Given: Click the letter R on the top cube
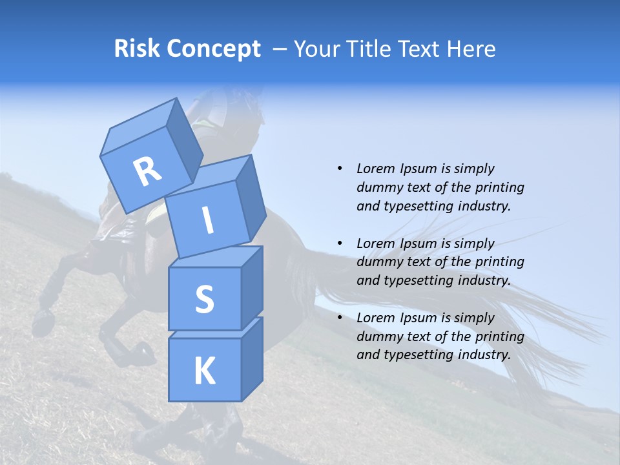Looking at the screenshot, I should click(x=147, y=172).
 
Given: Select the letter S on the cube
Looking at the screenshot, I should click(x=204, y=299).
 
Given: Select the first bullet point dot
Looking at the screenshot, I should click(x=340, y=169).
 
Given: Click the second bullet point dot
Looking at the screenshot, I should click(x=340, y=243).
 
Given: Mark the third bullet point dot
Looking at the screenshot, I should click(x=340, y=318).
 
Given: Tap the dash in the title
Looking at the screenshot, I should click(x=280, y=49).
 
